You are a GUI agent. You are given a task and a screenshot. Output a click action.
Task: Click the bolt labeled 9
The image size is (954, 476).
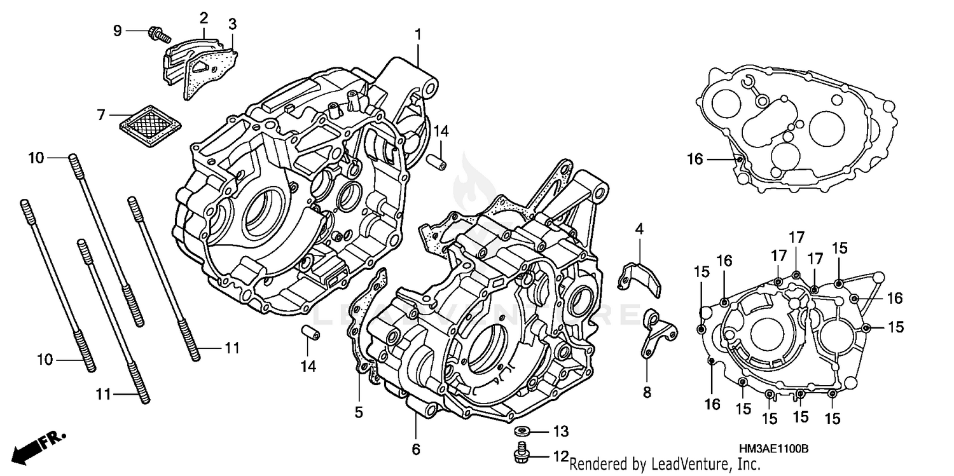click(x=155, y=31)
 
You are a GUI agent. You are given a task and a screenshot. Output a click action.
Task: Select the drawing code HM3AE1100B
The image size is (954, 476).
click(x=773, y=449)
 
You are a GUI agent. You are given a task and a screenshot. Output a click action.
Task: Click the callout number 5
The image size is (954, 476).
click(x=359, y=413)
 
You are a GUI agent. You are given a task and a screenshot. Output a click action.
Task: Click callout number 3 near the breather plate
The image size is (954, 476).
click(x=232, y=24)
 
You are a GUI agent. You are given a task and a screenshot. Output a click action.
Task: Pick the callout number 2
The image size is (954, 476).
click(x=204, y=17)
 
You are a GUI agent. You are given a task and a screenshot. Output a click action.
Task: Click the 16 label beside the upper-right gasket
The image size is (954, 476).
click(x=695, y=159)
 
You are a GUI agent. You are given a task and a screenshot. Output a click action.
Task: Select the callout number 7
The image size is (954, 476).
click(x=100, y=115)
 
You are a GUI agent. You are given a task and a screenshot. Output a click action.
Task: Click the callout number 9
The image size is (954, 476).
click(x=117, y=31)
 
